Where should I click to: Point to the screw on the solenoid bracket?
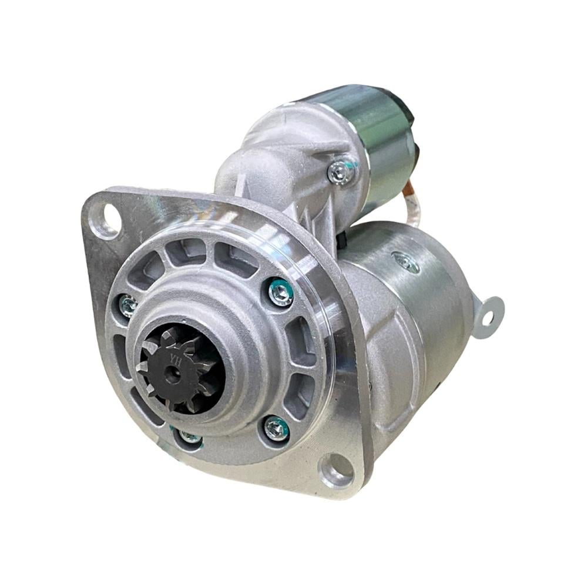(x=341, y=173)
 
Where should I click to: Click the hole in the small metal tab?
(x=488, y=318)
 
